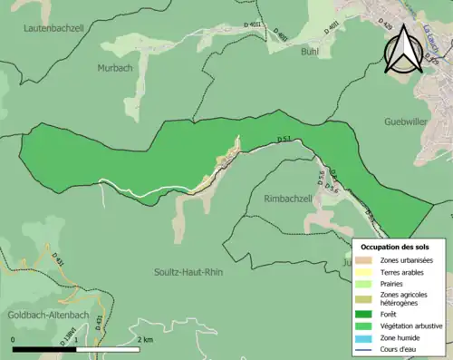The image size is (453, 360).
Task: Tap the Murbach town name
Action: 117,68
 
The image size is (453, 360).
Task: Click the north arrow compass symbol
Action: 400,48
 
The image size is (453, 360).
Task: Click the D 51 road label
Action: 284,139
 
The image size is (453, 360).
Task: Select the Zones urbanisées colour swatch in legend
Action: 370,260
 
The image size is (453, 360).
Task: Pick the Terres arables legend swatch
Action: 370,271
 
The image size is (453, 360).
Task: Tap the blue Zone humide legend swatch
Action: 370,336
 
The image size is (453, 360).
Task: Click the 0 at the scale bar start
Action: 14,339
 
